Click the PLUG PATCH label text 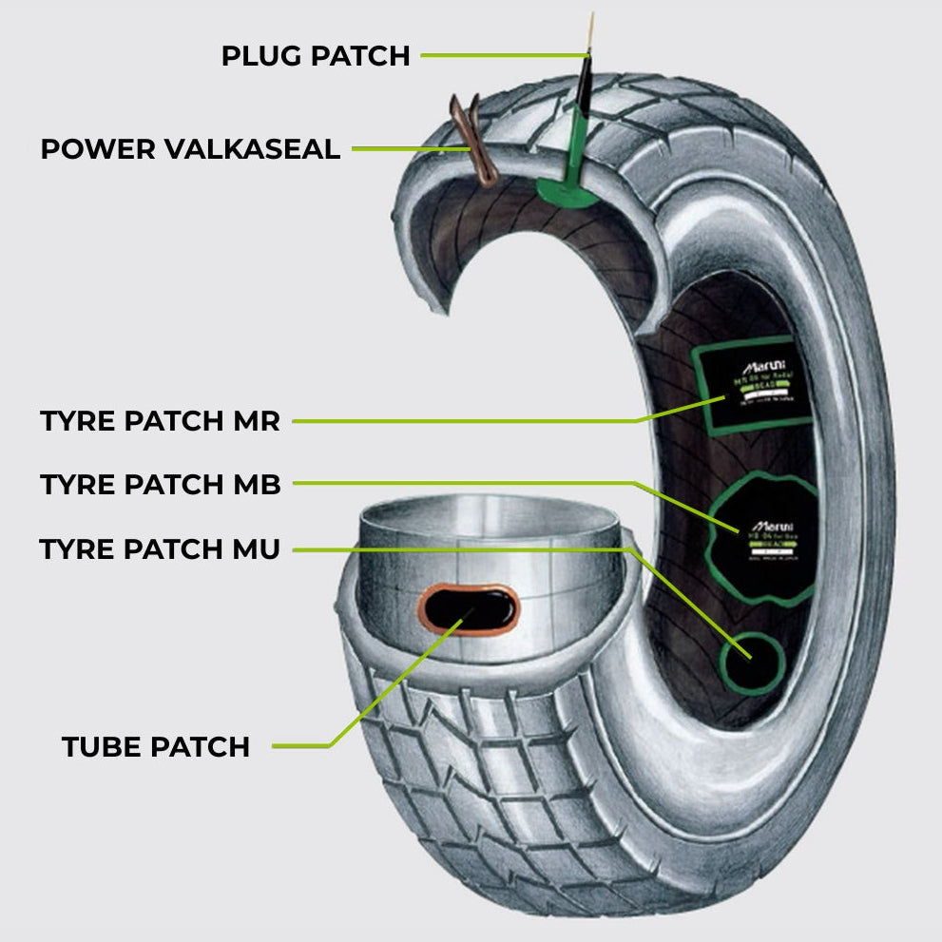315,56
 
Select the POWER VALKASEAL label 190,149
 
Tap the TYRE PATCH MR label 160,421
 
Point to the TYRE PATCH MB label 160,485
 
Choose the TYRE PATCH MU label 160,549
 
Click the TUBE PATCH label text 156,747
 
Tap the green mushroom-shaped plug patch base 567,190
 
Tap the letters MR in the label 257,421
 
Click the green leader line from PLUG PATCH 499,55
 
